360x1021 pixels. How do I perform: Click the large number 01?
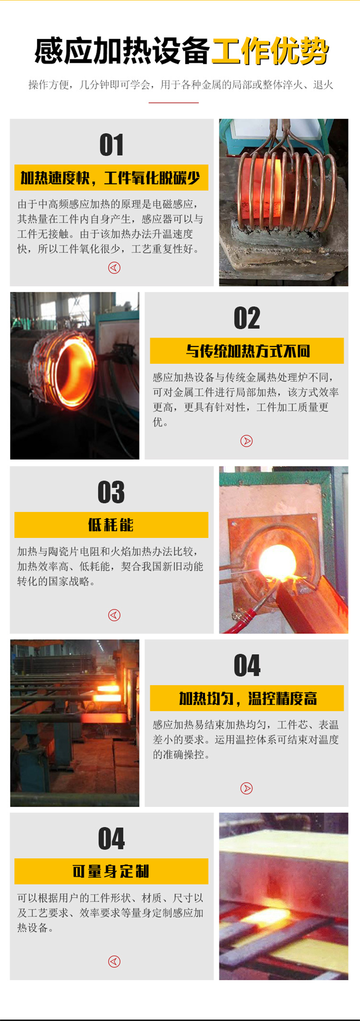pyautogui.click(x=111, y=145)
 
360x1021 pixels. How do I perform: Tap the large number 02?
pyautogui.click(x=247, y=318)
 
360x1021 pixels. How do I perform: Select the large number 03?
pyautogui.click(x=111, y=492)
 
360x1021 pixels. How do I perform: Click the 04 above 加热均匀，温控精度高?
pyautogui.click(x=247, y=665)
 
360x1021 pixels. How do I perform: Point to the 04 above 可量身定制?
pyautogui.click(x=111, y=839)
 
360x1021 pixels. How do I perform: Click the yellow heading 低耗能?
pyautogui.click(x=111, y=525)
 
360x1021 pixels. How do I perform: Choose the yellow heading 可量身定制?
pyautogui.click(x=111, y=871)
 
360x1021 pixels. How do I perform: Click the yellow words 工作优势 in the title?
pyautogui.click(x=270, y=51)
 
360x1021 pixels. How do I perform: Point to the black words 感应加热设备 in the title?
pyautogui.click(x=122, y=51)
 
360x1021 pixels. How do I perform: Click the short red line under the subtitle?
pyautogui.click(x=174, y=103)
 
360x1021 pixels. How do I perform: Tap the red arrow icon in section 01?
pyautogui.click(x=114, y=268)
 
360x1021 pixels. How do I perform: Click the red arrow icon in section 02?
pyautogui.click(x=247, y=441)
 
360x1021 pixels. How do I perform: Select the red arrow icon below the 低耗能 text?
pyautogui.click(x=114, y=615)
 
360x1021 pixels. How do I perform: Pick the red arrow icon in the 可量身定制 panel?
pyautogui.click(x=114, y=962)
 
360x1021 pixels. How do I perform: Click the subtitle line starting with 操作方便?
pyautogui.click(x=180, y=85)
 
